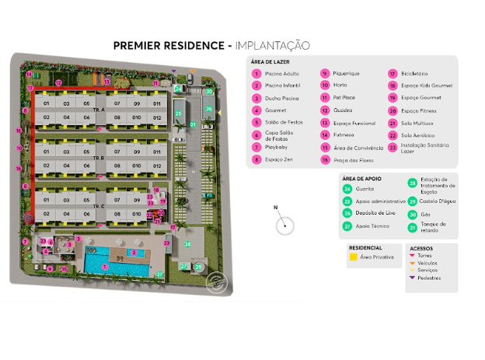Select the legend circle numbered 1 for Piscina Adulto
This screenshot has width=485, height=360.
point(256,74)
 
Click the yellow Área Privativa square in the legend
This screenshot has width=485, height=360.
point(354,256)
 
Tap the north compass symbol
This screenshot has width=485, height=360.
point(285,225)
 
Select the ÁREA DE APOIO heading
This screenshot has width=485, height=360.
point(361,177)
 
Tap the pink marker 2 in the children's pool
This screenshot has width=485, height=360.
point(134,253)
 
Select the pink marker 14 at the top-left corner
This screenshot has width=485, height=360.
point(29,75)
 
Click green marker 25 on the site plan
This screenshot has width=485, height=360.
point(179,114)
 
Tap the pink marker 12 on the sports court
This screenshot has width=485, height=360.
point(58,82)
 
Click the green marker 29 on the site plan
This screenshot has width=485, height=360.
point(197,267)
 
